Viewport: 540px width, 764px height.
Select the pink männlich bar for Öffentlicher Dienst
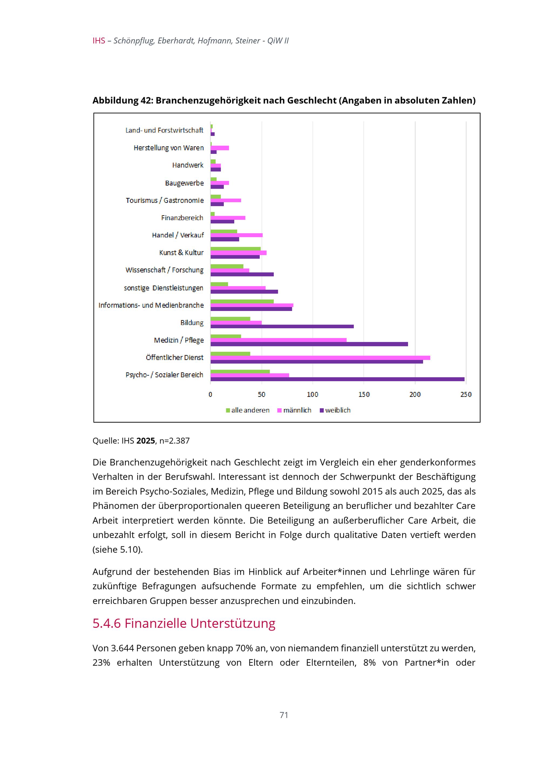(x=320, y=358)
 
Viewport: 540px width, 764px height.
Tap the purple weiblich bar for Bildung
(x=282, y=326)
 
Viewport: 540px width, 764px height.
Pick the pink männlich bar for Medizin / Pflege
(x=278, y=340)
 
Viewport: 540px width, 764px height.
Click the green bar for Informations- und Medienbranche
(x=242, y=302)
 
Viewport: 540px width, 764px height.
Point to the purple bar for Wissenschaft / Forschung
(x=242, y=275)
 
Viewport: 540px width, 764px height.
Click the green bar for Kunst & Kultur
(x=235, y=249)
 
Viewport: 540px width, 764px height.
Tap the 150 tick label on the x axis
(x=364, y=395)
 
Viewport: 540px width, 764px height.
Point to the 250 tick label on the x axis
(x=466, y=395)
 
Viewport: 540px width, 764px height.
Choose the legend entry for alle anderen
(x=248, y=410)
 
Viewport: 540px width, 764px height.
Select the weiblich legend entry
(x=335, y=410)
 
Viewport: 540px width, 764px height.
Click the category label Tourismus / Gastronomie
(x=164, y=200)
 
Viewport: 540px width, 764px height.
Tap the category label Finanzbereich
(x=182, y=218)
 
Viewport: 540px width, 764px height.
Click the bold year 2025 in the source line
(x=146, y=441)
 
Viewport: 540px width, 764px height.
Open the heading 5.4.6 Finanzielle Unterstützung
(x=184, y=623)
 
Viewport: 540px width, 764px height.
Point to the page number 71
(x=284, y=715)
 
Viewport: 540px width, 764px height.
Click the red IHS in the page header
(x=99, y=40)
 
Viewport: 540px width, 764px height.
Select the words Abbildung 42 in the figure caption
(x=122, y=100)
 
